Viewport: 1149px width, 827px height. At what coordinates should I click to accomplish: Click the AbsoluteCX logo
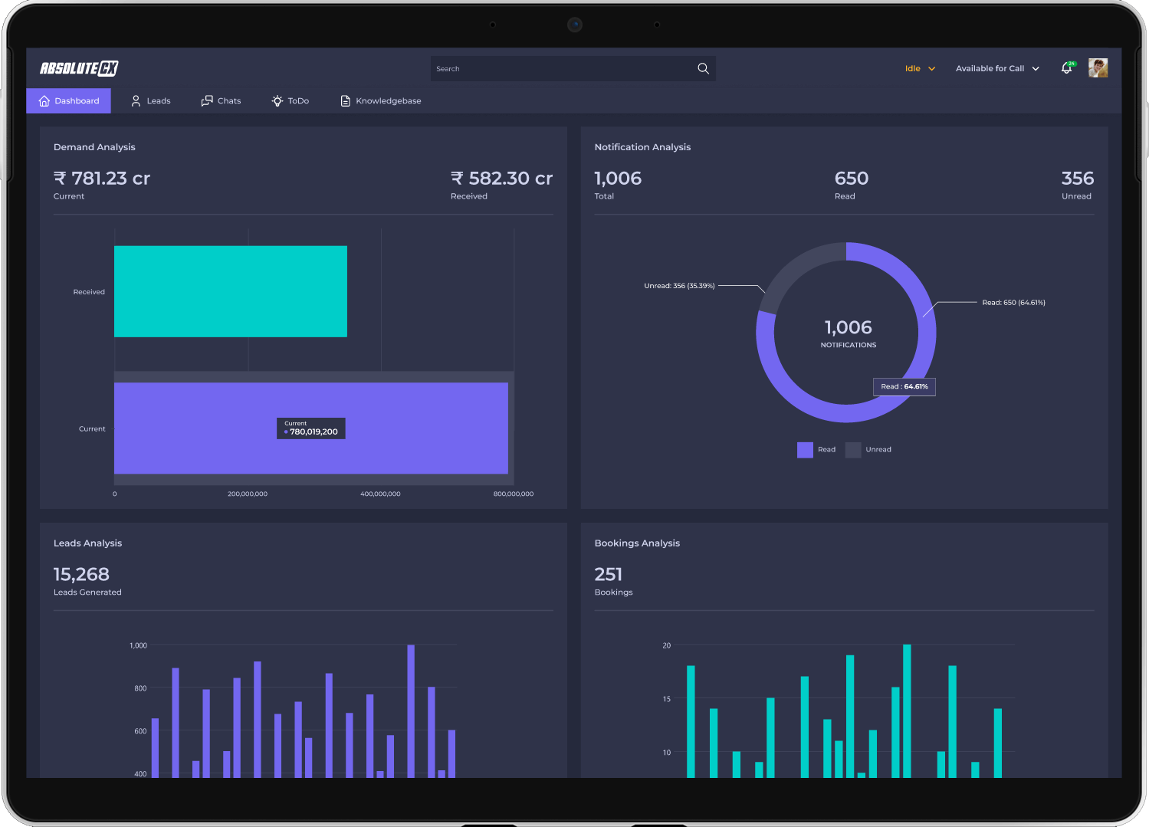coord(79,68)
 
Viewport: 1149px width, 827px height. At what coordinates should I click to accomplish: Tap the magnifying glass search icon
coord(703,69)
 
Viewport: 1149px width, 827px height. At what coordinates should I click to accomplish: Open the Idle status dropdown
coord(920,69)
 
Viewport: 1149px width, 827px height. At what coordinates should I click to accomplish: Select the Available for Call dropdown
coord(997,69)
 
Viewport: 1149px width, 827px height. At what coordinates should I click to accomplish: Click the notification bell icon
coord(1067,68)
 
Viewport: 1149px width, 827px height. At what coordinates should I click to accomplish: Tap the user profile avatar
coord(1098,68)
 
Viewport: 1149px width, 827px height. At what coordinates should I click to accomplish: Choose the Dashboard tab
coord(69,100)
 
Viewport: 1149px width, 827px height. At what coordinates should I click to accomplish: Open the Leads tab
coord(151,100)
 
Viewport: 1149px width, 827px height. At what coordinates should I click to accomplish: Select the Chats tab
coord(221,100)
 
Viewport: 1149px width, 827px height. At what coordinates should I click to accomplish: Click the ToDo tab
coord(291,100)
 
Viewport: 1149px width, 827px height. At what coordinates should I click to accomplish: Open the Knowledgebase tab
coord(381,100)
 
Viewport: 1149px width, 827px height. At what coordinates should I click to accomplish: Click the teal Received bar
coord(231,291)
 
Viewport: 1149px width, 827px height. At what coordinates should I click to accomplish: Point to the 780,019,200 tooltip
coord(311,428)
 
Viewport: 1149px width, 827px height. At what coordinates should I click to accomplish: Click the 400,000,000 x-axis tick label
coord(380,494)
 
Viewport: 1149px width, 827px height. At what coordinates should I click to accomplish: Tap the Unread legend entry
coord(868,449)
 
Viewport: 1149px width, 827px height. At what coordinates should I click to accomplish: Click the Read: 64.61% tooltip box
coord(904,387)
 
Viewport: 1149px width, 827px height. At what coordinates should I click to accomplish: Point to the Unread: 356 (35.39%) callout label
coord(679,286)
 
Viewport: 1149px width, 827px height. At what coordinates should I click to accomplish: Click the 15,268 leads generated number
coord(81,574)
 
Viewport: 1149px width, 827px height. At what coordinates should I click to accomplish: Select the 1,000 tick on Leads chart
coord(139,645)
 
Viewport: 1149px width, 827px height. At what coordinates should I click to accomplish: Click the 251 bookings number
coord(609,574)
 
